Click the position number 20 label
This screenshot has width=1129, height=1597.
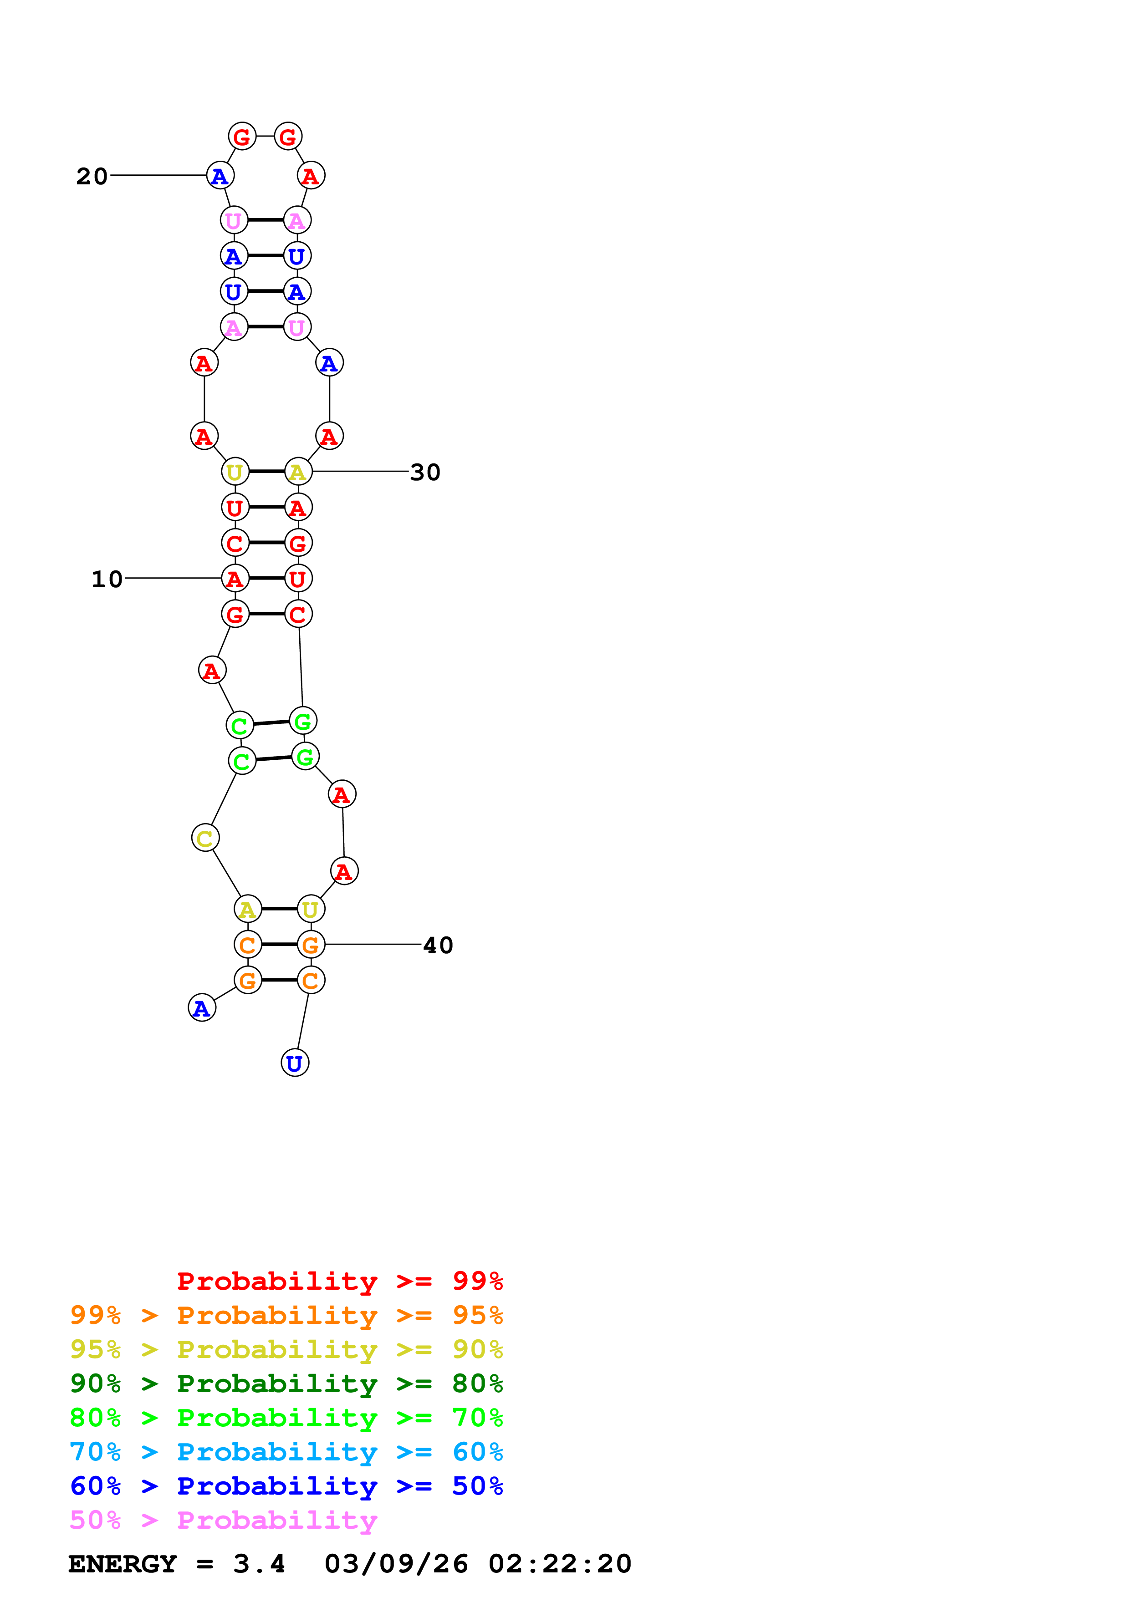[92, 177]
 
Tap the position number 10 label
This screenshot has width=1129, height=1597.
[107, 580]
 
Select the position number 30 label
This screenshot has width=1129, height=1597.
[425, 472]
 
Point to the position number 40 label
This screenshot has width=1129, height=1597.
[438, 945]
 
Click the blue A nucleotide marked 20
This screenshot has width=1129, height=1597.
[220, 176]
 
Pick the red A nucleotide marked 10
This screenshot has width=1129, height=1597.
[235, 578]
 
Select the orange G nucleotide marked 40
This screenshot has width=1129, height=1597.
[311, 945]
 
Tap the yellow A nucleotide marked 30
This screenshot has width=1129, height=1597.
[298, 472]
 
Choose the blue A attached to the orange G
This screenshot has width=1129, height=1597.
[202, 1008]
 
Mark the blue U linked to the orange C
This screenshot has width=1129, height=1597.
[295, 1063]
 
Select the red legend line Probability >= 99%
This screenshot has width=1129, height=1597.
[339, 1281]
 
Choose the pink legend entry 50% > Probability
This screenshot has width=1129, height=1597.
[223, 1521]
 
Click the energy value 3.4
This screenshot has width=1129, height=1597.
[259, 1564]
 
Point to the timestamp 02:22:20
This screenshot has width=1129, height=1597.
[560, 1564]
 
